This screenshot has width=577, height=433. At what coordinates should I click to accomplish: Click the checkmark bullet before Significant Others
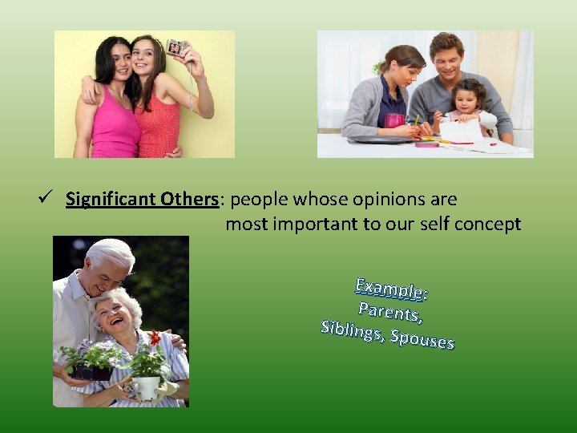(x=50, y=199)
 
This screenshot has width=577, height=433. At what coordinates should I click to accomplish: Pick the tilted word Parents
(x=390, y=312)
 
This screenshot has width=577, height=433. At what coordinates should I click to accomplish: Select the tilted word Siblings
(x=351, y=331)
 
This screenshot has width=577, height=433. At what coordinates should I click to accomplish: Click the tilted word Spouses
(x=422, y=340)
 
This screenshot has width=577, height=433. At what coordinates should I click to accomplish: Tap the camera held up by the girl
(x=176, y=47)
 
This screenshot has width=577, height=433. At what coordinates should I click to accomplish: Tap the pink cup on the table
(x=394, y=120)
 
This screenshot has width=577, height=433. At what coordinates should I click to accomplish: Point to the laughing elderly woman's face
(x=109, y=314)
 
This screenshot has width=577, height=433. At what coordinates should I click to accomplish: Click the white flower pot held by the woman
(x=147, y=387)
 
